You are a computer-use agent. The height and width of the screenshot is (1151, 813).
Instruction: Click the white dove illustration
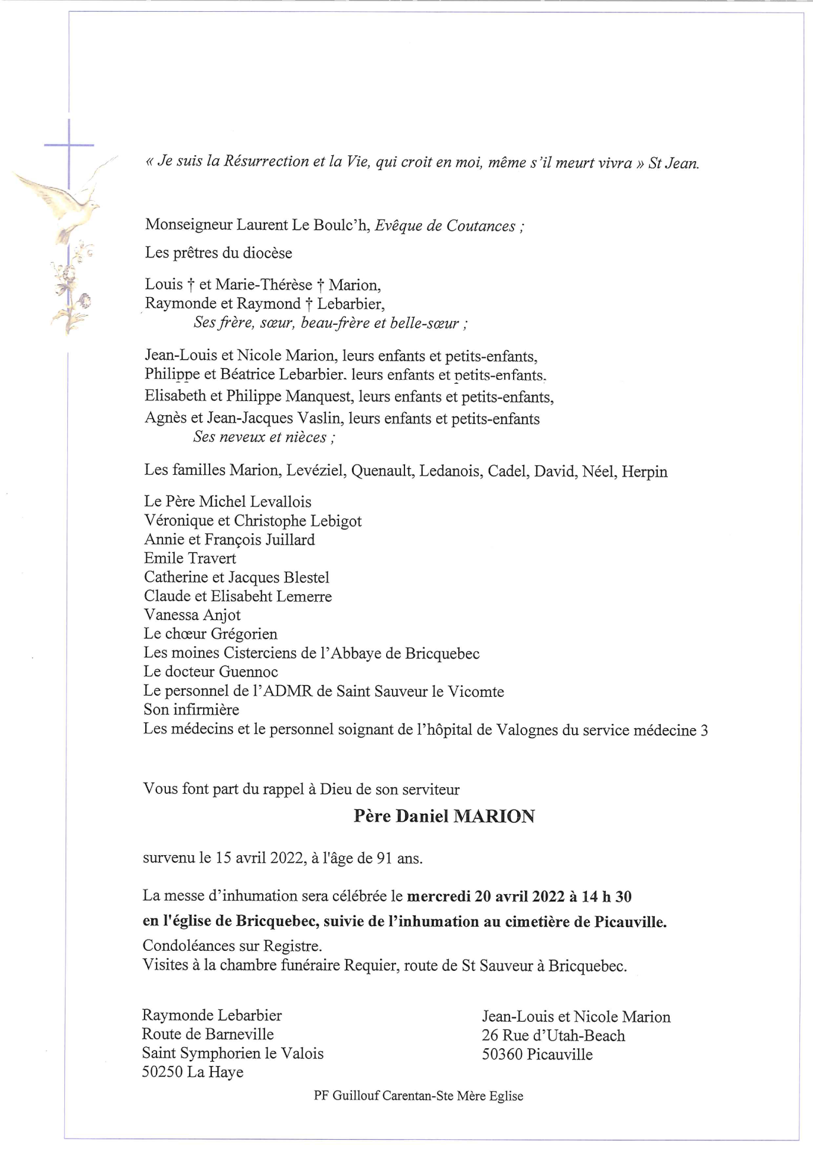(65, 204)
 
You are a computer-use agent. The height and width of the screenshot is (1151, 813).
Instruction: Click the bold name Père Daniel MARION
(444, 816)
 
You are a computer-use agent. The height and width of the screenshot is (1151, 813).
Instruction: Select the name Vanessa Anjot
(192, 615)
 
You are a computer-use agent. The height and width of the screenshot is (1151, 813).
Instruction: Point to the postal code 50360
(502, 1054)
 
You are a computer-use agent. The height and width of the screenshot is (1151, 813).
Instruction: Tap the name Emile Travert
(190, 558)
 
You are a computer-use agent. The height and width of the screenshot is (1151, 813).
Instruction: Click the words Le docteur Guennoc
(210, 671)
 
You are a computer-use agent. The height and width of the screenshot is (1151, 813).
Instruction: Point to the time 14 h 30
(606, 896)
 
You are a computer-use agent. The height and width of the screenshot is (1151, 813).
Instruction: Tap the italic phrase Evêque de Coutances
(446, 226)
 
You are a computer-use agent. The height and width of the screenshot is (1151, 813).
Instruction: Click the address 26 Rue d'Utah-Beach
(553, 1035)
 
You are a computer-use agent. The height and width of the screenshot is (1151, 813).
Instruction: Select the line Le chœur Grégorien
(210, 634)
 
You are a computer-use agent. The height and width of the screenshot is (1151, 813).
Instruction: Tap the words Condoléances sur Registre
(232, 945)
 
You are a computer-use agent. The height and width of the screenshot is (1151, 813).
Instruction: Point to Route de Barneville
(207, 1034)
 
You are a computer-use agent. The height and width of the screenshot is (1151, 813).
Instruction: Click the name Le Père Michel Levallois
(227, 501)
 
